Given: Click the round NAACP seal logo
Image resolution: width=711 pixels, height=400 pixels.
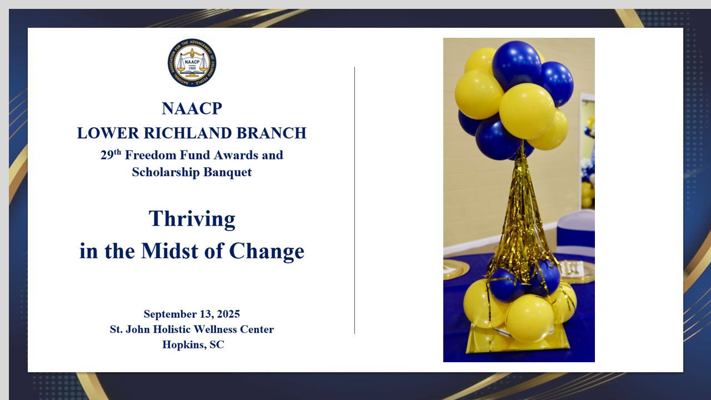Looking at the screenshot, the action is coord(192,63).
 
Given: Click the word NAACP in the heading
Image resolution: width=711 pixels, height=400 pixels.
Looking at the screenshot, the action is coord(192,108).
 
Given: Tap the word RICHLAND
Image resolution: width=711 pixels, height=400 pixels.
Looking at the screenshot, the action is coord(188,133).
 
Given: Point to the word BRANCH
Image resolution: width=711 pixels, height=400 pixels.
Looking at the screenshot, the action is coord(272,133).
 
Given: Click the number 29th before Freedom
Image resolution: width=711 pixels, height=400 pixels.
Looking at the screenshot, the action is coord(111,154).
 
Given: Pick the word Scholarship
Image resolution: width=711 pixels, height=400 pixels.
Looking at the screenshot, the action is coord(166,172).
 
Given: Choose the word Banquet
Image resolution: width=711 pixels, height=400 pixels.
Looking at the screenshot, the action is coord(228,172).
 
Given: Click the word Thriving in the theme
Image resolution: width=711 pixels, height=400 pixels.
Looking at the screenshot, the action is coord(192,219).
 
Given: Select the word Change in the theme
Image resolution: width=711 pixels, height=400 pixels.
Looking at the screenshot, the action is coord(267,252).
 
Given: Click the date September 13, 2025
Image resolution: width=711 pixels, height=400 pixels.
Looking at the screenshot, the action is coord(192,314).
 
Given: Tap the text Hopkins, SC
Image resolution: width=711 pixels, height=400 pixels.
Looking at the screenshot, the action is coord(193,344).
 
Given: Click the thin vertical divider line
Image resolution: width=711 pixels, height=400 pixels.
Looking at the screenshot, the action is coord(354,201).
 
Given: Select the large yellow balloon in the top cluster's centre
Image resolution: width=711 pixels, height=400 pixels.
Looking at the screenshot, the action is coord(527,111).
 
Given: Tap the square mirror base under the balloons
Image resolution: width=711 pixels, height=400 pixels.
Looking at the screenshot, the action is coord(517,341).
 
